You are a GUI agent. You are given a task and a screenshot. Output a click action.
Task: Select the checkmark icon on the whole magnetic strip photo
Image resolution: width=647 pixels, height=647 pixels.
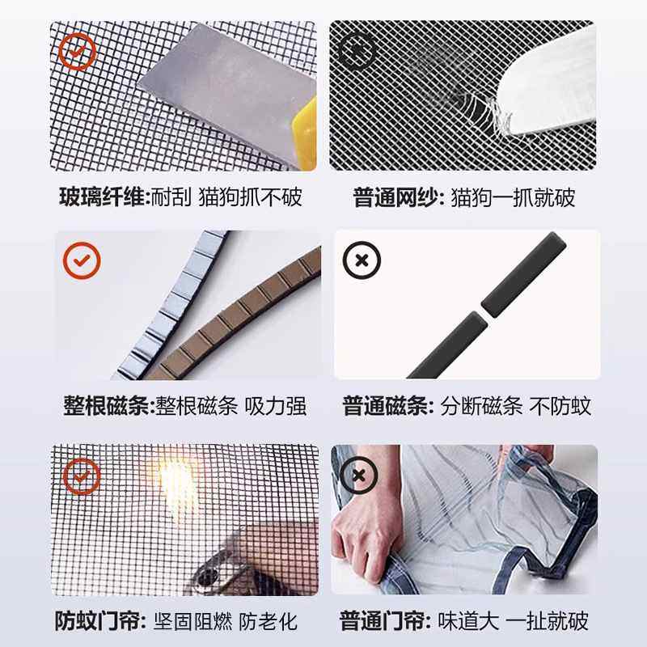[82, 260]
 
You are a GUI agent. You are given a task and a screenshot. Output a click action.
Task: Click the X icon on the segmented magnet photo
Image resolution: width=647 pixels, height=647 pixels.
[362, 260]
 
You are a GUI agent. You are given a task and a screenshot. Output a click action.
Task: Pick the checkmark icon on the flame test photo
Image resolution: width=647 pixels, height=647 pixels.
[82, 475]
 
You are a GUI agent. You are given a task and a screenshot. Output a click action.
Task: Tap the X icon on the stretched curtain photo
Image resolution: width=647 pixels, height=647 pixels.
[358, 475]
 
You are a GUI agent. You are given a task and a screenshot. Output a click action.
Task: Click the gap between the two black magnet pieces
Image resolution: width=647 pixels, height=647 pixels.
[484, 308]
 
